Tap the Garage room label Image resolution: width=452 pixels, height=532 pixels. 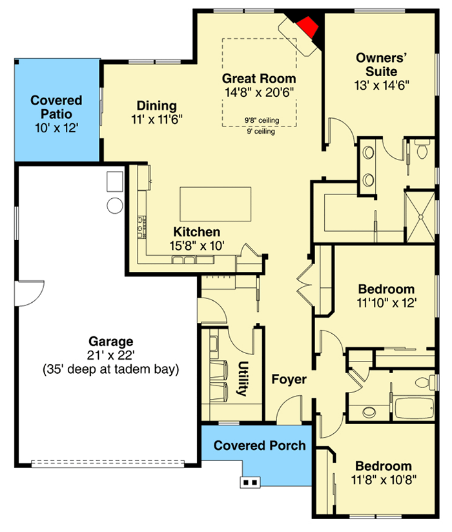click(110, 342)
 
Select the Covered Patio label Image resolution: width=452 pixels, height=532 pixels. click(56, 107)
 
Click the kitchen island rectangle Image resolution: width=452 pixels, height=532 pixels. click(216, 204)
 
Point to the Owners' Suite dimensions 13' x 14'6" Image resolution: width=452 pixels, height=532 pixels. click(382, 85)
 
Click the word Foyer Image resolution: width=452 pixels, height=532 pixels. click(289, 380)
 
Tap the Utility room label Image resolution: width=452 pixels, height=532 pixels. click(243, 378)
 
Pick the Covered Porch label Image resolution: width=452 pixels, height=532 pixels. click(260, 445)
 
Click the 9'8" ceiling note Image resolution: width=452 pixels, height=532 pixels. click(262, 120)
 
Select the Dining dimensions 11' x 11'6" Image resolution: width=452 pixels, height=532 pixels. click(157, 119)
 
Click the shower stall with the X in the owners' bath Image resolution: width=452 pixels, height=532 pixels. click(420, 216)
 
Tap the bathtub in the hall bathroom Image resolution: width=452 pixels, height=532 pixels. click(415, 408)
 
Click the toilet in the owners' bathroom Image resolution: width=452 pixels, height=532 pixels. click(422, 150)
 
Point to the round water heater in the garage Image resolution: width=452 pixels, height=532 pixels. click(115, 205)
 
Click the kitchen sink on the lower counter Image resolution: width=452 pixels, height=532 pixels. click(183, 260)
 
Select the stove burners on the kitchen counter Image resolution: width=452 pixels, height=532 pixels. click(142, 227)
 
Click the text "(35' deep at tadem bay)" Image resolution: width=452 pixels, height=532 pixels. click(110, 369)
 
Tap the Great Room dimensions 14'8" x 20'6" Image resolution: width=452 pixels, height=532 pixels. click(260, 92)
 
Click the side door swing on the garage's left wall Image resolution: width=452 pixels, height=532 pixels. click(30, 294)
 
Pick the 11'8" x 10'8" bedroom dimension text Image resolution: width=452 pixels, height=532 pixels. click(384, 480)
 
